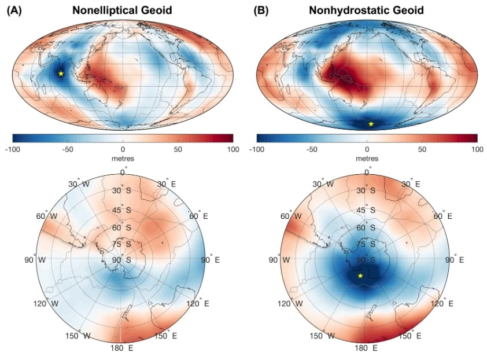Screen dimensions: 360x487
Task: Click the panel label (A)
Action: click(x=15, y=10)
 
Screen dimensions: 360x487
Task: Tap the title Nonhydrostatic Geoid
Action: click(x=366, y=10)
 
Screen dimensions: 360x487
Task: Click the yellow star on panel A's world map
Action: click(x=61, y=74)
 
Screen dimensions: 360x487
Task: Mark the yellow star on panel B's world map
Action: click(x=371, y=124)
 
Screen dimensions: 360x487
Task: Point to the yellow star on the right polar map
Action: click(x=360, y=275)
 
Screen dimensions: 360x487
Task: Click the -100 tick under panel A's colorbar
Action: click(x=13, y=149)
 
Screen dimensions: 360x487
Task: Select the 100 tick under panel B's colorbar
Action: click(x=477, y=149)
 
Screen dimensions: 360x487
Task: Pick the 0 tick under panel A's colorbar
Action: click(x=123, y=149)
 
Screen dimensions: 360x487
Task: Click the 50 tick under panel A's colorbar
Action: click(x=178, y=149)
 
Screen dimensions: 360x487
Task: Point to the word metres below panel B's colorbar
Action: click(x=367, y=159)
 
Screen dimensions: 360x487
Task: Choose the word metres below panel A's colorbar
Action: click(x=123, y=159)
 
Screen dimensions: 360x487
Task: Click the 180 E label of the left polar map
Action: click(x=122, y=348)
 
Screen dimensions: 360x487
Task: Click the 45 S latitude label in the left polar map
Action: click(x=122, y=210)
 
